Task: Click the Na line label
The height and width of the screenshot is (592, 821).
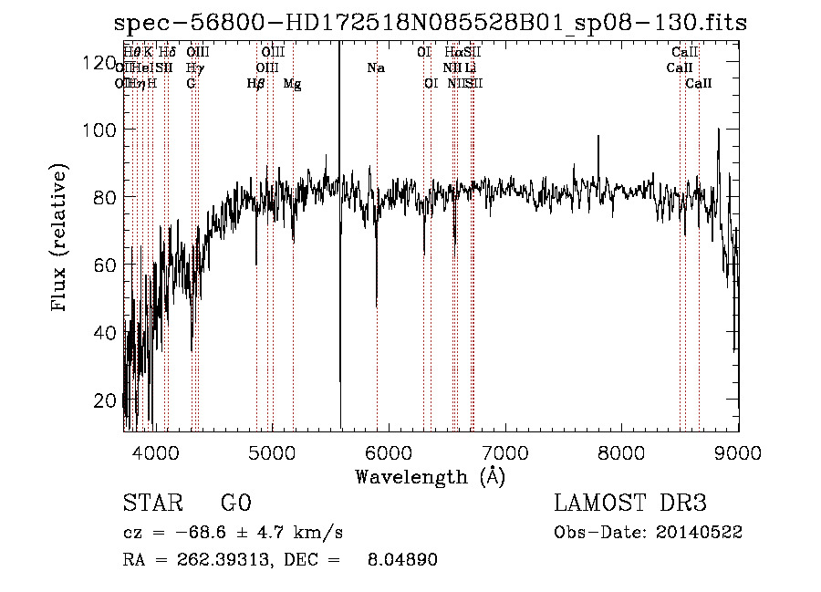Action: [x=376, y=68]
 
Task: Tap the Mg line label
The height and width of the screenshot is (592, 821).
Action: [x=293, y=84]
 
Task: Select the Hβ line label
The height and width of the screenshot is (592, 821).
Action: [x=256, y=84]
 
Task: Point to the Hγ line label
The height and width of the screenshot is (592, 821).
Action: [x=193, y=68]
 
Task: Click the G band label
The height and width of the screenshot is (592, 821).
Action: [x=191, y=84]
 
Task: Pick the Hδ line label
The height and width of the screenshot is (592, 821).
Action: [x=167, y=53]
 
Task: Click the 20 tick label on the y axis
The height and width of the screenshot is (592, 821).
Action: [x=105, y=400]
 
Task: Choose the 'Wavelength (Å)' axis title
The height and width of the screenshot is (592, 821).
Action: [x=430, y=476]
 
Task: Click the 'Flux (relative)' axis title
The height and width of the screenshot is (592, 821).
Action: [x=61, y=239]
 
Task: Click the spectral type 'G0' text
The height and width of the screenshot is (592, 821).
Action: [x=235, y=504]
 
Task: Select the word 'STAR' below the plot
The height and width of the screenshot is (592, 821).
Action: [x=151, y=504]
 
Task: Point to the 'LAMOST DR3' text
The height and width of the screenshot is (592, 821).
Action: [x=630, y=504]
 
